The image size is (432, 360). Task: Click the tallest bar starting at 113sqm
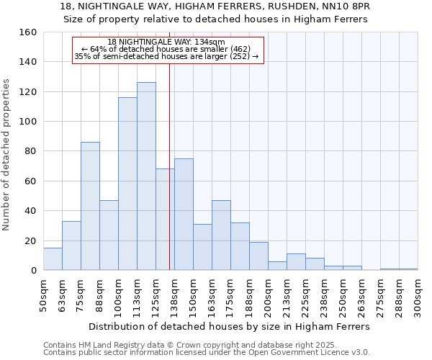pyautogui.click(x=146, y=176)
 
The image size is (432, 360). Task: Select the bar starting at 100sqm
pyautogui.click(x=127, y=184)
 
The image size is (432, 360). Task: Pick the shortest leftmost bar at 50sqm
pyautogui.click(x=53, y=259)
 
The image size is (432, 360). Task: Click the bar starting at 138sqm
pyautogui.click(x=184, y=215)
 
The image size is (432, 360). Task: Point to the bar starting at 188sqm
pyautogui.click(x=258, y=256)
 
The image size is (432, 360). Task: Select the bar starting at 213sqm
pyautogui.click(x=296, y=262)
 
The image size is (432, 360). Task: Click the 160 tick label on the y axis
pyautogui.click(x=29, y=32)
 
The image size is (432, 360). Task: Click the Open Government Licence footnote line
pyautogui.click(x=207, y=353)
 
